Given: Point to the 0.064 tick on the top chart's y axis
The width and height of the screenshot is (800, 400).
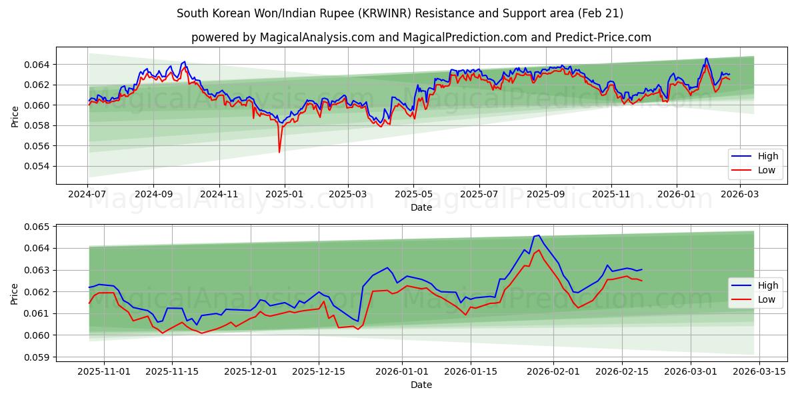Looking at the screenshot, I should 38,65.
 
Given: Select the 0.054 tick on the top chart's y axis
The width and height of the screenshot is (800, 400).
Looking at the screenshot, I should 38,166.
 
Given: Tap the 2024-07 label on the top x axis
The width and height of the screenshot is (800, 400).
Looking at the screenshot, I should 87,194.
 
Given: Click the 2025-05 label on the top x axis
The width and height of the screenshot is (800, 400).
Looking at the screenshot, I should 413,194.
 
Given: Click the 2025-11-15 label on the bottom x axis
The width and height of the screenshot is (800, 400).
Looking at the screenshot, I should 172,371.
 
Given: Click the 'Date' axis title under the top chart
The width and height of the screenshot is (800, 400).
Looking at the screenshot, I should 421,207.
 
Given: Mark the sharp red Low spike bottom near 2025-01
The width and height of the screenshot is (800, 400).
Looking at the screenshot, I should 279,153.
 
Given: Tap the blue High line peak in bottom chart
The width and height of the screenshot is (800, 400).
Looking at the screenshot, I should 538,235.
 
